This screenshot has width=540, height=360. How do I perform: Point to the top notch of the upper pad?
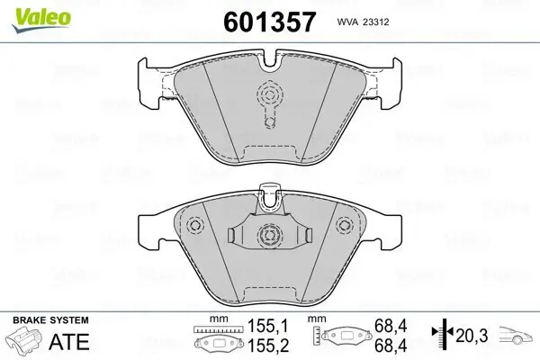point(270,62)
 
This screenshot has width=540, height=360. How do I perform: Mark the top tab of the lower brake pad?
point(269,192)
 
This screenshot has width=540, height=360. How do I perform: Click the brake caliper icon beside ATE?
point(25,343)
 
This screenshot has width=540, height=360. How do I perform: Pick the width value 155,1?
point(262,330)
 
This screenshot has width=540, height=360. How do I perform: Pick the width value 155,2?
point(262,346)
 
